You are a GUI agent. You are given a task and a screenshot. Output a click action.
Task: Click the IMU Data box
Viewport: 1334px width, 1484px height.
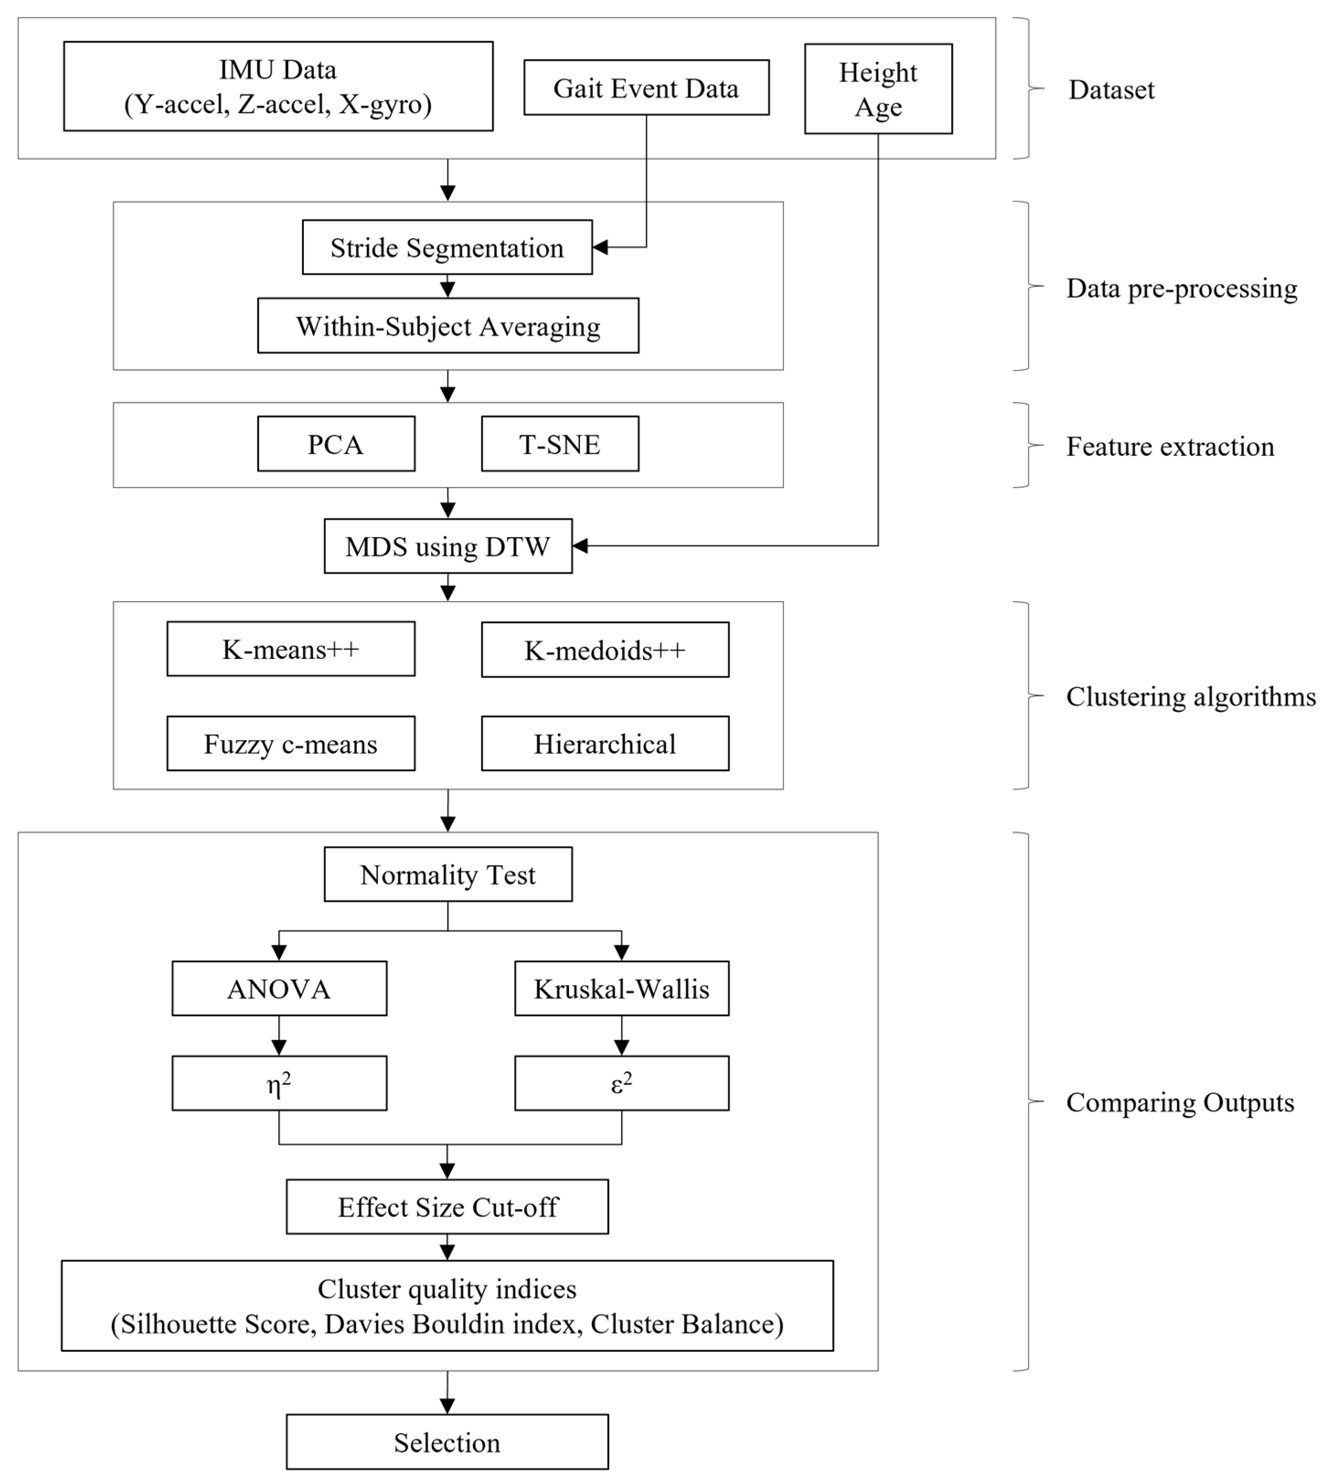pyautogui.click(x=278, y=86)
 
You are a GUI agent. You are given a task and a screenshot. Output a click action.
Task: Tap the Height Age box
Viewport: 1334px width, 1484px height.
pyautogui.click(x=877, y=89)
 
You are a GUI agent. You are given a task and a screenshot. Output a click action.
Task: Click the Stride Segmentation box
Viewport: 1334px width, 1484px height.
pyautogui.click(x=446, y=248)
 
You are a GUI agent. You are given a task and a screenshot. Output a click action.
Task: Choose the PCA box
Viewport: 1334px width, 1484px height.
pyautogui.click(x=336, y=444)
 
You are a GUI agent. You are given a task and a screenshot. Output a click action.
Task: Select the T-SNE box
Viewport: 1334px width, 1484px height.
pyautogui.click(x=559, y=444)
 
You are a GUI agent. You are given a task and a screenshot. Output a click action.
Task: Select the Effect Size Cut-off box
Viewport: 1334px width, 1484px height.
pyautogui.click(x=446, y=1207)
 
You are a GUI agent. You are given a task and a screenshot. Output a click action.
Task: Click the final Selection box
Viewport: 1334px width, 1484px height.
pyautogui.click(x=446, y=1442)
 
